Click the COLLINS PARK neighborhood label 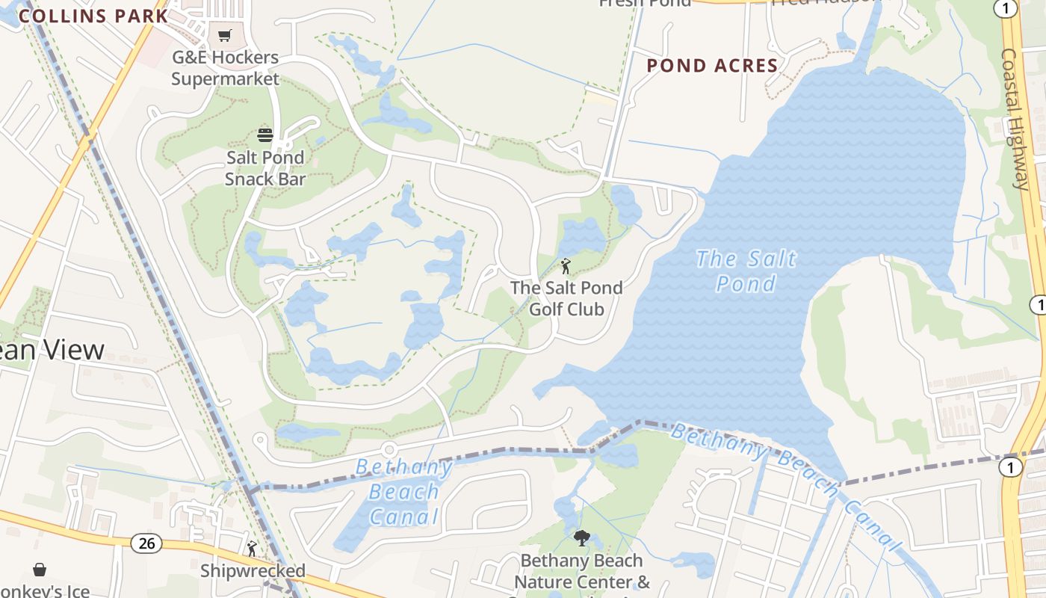93,16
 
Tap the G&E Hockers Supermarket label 225,68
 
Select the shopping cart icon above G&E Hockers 224,35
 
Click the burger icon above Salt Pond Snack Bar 265,135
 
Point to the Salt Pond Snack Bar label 265,168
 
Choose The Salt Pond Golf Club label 566,298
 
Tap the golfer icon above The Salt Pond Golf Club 566,266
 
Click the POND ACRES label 712,66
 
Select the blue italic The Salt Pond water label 746,271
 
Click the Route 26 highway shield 146,543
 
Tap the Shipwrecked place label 253,571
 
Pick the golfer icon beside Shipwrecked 252,549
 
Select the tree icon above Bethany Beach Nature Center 581,537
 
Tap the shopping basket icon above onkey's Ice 40,570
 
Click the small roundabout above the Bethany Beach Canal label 389,449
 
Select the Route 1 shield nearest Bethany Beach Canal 1010,467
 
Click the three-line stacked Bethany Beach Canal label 404,492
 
